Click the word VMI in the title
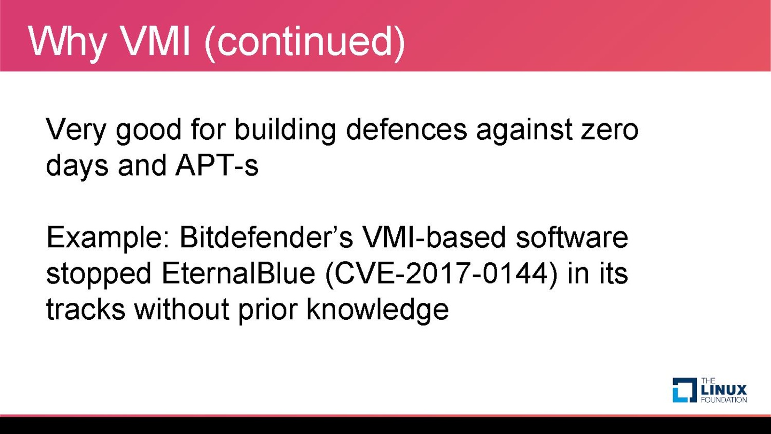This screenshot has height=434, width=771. (x=156, y=41)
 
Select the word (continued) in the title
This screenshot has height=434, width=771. (x=305, y=43)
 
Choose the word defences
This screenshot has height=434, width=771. (x=406, y=129)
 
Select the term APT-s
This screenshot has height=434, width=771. (x=217, y=165)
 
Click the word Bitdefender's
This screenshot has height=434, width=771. (x=267, y=237)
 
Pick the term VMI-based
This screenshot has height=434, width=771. (x=434, y=237)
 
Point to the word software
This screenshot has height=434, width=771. (x=572, y=237)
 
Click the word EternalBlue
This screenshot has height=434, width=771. (x=238, y=273)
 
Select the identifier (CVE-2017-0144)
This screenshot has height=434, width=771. (x=441, y=275)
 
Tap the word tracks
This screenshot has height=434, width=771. (x=86, y=309)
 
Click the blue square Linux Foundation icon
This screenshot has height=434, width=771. (x=685, y=390)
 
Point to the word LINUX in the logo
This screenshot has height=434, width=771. (x=724, y=390)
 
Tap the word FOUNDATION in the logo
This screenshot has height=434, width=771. (x=724, y=400)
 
